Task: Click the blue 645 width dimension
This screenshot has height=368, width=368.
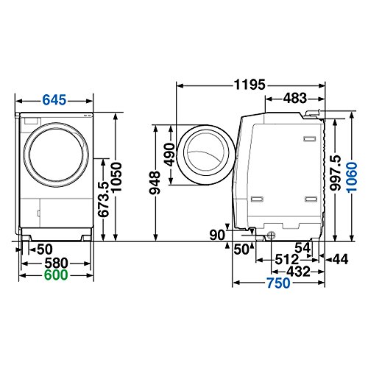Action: [54, 100]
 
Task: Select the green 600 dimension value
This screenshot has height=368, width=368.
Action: [56, 275]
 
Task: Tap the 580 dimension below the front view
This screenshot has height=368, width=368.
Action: [56, 263]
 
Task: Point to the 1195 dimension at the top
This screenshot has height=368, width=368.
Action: [250, 85]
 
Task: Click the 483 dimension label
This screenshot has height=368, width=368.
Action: [295, 99]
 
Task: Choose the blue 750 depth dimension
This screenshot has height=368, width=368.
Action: [278, 283]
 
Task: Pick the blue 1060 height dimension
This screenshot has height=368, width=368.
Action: [352, 177]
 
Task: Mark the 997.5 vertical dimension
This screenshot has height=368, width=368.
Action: [336, 173]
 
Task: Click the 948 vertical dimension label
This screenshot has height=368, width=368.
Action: [155, 183]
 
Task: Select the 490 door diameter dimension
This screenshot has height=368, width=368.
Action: [170, 155]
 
